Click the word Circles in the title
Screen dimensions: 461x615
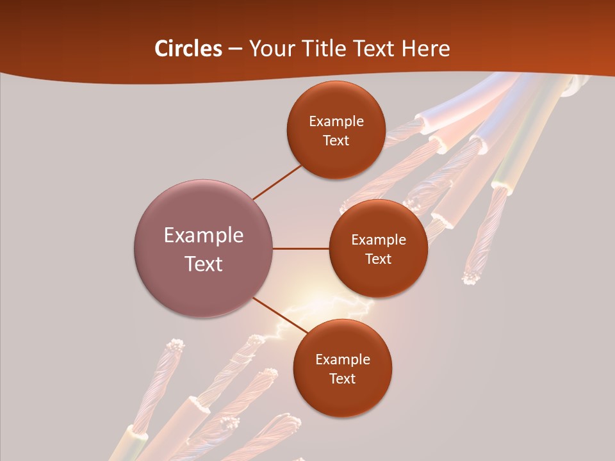188,49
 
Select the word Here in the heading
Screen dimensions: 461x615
425,49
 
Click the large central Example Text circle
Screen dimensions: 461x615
204,248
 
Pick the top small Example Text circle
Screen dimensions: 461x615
336,130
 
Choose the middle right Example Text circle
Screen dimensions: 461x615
378,248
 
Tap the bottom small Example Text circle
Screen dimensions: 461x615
342,368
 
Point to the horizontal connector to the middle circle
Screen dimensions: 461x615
301,248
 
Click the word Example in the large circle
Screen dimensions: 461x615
204,236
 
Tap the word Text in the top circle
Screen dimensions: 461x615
336,140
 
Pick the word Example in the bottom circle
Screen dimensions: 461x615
342,359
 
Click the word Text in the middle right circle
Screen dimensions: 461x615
378,259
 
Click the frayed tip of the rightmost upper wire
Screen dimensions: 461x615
471,277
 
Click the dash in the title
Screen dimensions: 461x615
234,49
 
